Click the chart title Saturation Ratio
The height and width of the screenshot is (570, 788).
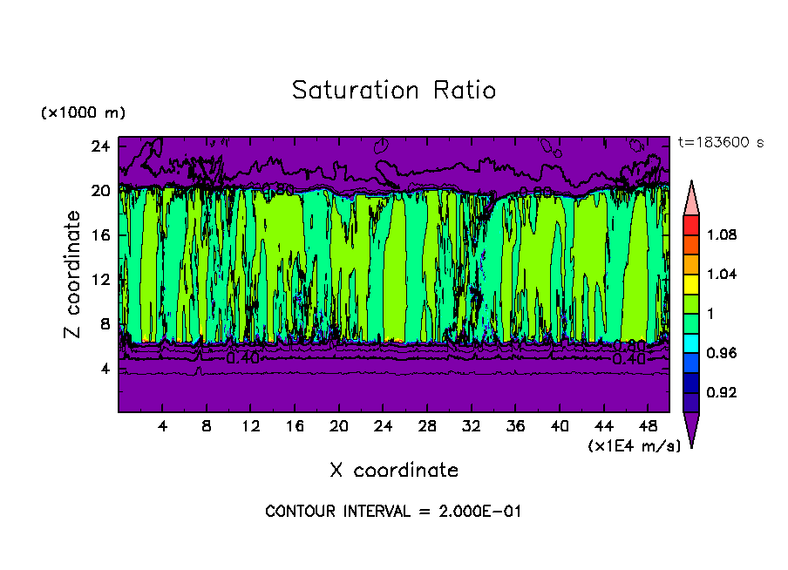394,91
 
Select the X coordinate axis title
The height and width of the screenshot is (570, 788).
394,471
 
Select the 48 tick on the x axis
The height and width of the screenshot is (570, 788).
649,427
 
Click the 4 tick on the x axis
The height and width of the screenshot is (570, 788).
162,427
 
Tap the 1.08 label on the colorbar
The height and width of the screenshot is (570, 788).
722,235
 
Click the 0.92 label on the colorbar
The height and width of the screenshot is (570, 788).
722,392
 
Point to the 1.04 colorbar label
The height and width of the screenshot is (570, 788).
722,275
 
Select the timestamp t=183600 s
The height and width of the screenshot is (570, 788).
720,143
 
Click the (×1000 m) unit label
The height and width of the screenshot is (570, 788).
84,113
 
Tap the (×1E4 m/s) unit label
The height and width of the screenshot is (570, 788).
635,446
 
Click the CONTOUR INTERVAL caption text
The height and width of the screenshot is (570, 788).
393,512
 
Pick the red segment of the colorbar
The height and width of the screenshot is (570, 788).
691,225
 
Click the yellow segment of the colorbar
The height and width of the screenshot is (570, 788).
691,283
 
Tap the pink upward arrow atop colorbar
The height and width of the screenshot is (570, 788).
691,196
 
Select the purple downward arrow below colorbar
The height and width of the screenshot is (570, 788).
691,429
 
